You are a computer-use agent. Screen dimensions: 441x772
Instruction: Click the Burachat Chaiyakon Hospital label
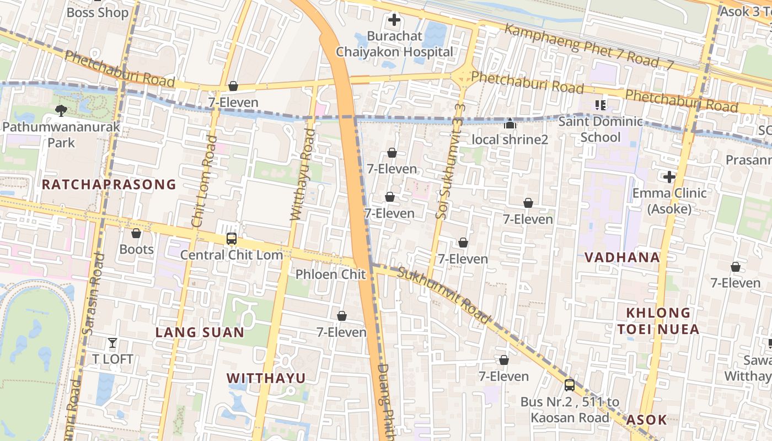click(x=394, y=44)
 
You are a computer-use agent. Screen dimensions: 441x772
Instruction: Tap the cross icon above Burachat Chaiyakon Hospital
click(x=394, y=21)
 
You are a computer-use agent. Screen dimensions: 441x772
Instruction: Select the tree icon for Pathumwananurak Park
click(x=61, y=110)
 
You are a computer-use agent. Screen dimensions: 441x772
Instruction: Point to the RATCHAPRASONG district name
click(x=109, y=184)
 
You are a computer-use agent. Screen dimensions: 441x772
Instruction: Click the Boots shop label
click(x=136, y=249)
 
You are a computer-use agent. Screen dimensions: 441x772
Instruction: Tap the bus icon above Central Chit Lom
click(x=232, y=239)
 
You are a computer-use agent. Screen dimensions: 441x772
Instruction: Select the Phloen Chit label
click(x=330, y=274)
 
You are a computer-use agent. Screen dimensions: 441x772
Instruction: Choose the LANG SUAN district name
click(x=200, y=332)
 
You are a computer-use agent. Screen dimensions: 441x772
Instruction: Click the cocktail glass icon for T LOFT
click(x=112, y=343)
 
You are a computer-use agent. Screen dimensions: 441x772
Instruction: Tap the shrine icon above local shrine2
click(x=510, y=123)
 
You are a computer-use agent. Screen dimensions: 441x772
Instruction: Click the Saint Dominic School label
click(x=601, y=129)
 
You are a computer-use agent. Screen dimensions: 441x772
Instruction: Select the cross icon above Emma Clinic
click(x=669, y=177)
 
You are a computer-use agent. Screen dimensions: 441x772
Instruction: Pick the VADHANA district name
click(x=622, y=257)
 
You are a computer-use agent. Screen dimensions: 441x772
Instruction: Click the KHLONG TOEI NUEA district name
click(x=658, y=321)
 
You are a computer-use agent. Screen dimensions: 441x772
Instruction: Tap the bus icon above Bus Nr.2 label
click(x=570, y=385)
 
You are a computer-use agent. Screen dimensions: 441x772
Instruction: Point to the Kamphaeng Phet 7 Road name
click(x=589, y=47)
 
